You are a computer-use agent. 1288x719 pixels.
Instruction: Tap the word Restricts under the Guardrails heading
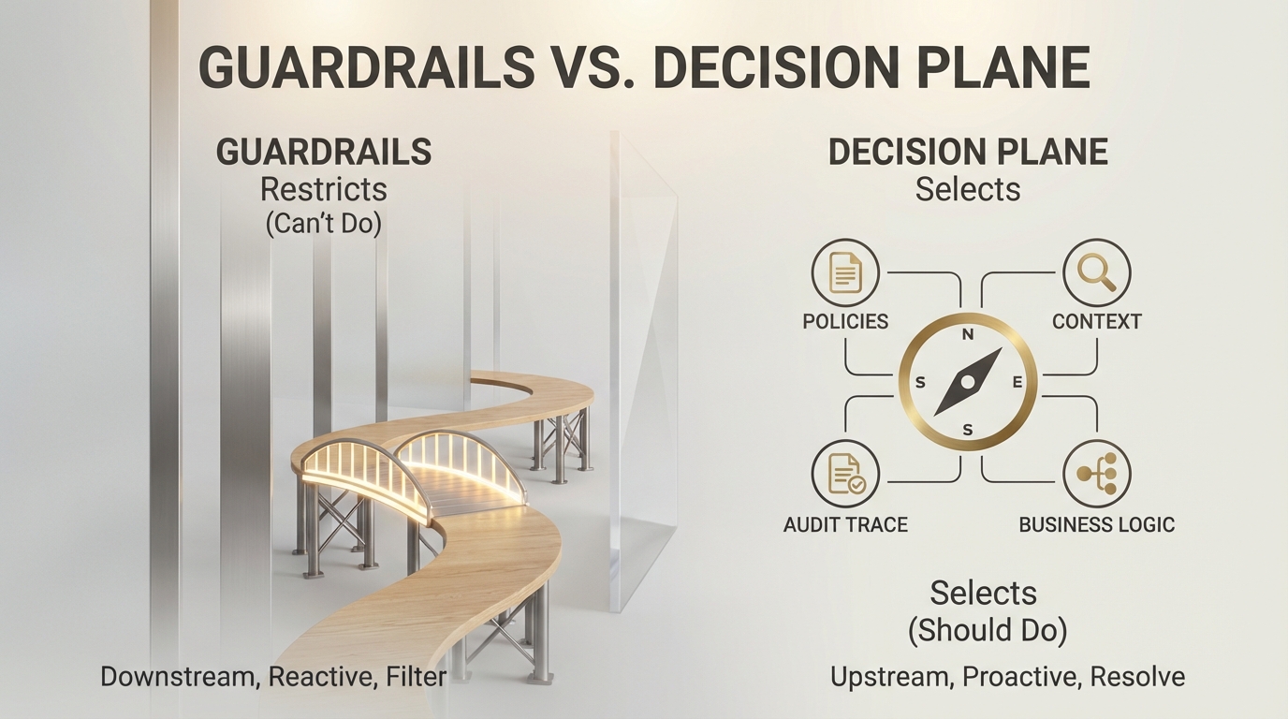pos(323,189)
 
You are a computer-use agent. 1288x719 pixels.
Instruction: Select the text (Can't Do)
pos(323,225)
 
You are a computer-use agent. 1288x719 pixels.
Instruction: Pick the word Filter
pos(416,676)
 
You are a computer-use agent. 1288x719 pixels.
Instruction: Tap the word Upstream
pos(889,676)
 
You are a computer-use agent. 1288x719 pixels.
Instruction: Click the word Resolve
pos(1136,676)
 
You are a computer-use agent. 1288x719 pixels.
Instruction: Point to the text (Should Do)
pos(987,630)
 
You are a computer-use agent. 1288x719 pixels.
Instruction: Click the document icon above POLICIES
pos(845,273)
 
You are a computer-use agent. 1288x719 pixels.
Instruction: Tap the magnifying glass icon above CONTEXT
pos(1096,273)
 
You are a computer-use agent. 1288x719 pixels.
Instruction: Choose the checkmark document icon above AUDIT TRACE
pos(845,475)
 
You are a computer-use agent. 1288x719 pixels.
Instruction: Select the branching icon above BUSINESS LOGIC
pos(1096,475)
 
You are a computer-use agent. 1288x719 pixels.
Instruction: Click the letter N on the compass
pos(968,334)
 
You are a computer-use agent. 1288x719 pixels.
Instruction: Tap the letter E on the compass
pos(1018,382)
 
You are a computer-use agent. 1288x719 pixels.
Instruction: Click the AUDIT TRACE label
pos(845,524)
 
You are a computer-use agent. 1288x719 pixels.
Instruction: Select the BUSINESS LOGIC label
pos(1096,524)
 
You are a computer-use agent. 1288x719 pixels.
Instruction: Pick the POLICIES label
pos(845,321)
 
